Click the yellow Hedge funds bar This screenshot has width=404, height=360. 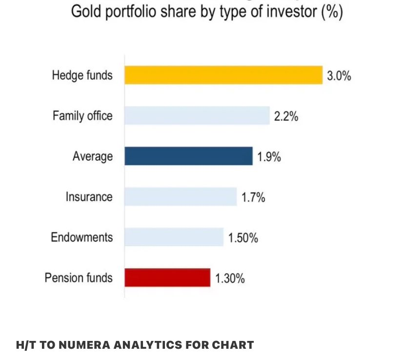point(223,75)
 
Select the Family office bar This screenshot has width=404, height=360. point(197,116)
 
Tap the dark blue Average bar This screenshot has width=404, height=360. point(188,156)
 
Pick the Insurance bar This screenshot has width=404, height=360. point(181,197)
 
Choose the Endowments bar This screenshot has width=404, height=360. point(174,237)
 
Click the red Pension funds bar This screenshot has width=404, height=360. point(167,277)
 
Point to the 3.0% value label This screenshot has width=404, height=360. point(339,76)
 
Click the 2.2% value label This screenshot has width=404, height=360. point(286,116)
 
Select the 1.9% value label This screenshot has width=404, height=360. point(269,157)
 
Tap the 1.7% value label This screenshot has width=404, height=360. point(253,197)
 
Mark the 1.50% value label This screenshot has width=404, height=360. point(243,238)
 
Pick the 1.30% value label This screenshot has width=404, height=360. point(230,278)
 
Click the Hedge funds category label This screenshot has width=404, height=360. point(82,75)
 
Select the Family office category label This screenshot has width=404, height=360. point(82,116)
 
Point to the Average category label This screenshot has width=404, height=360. point(93,156)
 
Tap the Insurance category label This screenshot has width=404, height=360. point(89,197)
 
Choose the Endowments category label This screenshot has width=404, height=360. point(81,237)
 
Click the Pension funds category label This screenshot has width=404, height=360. point(79,278)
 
